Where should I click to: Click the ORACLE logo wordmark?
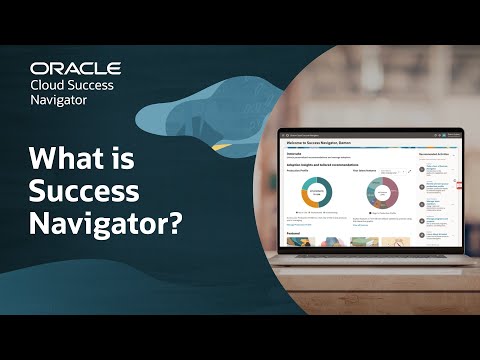75,68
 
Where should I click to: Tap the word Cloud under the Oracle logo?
52,85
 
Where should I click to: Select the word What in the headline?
71,160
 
